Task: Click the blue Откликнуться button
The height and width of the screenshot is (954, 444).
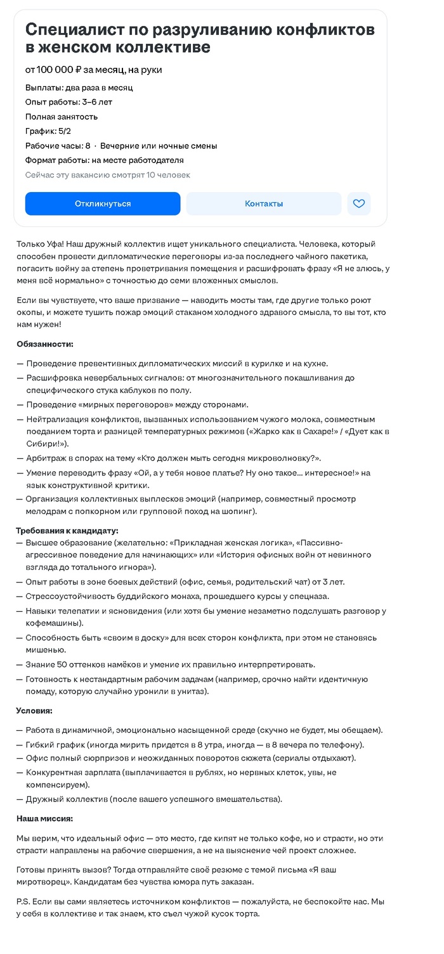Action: point(103,203)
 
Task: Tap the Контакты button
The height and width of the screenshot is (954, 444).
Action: point(264,203)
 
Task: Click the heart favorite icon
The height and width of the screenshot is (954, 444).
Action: point(359,203)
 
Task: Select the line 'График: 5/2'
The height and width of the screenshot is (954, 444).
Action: point(48,131)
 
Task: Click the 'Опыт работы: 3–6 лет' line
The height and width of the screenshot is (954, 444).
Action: point(69,102)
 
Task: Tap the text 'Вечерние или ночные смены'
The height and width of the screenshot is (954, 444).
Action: point(159,146)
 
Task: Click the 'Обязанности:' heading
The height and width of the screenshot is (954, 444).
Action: point(45,344)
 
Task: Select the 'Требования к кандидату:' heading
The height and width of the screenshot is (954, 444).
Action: point(67,531)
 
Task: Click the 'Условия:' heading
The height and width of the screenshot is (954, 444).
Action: point(34,711)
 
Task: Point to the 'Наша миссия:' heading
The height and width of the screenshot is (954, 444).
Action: point(44,818)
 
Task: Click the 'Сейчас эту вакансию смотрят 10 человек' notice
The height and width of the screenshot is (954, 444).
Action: point(108,175)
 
